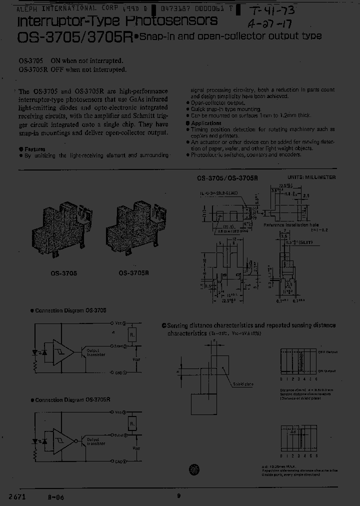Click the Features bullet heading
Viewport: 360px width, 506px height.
(34, 149)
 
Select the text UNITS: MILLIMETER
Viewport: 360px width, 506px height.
(311, 177)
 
